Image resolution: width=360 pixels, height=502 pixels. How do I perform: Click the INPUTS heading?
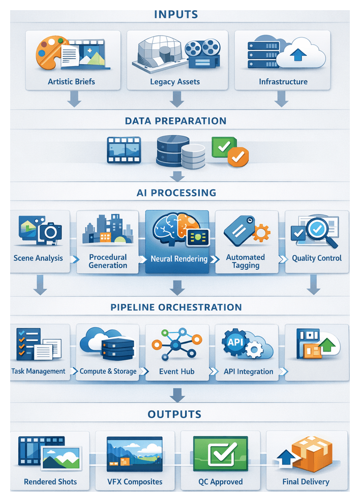[x=176, y=14]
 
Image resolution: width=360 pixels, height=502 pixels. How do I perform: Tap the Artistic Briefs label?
[x=71, y=81]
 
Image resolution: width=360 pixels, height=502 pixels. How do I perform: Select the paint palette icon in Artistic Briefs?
[x=50, y=52]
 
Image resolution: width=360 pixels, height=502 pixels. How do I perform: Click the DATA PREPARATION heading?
[x=176, y=121]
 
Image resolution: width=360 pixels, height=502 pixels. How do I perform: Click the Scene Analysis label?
[x=39, y=258]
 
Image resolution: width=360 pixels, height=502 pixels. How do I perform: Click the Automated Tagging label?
[x=246, y=261]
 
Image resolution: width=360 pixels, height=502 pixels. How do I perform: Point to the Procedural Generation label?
[x=108, y=261]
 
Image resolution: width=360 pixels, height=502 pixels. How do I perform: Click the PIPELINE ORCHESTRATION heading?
[x=176, y=307]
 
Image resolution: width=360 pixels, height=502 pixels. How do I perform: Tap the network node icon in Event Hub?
[x=176, y=346]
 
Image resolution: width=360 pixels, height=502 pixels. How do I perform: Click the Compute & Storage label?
[x=108, y=371]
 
